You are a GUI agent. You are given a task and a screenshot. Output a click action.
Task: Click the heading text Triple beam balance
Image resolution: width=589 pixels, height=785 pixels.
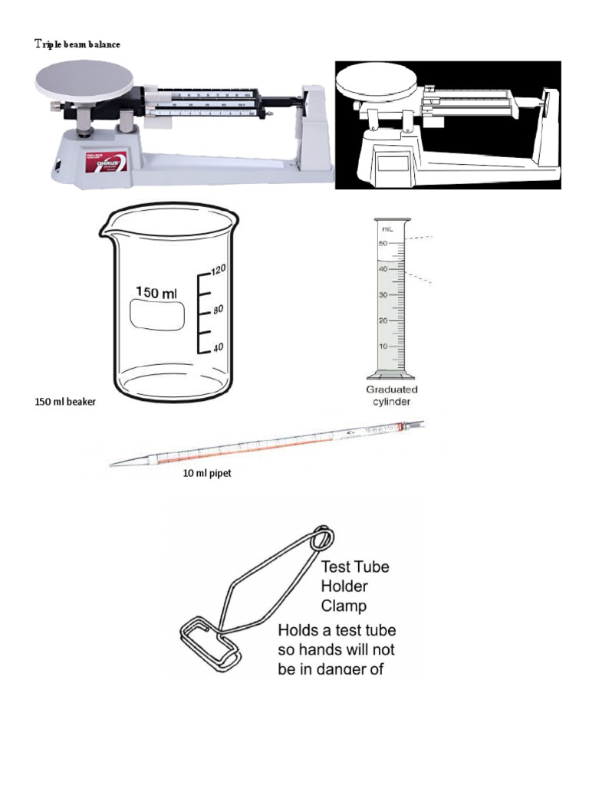(77, 44)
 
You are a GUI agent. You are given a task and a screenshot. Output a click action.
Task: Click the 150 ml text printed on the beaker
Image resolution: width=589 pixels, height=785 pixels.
(156, 292)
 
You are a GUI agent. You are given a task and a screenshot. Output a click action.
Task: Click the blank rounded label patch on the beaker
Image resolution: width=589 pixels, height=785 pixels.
(157, 315)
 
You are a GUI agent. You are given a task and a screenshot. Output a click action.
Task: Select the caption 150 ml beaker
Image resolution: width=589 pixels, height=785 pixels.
(65, 402)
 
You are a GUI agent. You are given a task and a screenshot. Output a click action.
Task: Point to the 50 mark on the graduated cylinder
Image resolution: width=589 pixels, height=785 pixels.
(382, 242)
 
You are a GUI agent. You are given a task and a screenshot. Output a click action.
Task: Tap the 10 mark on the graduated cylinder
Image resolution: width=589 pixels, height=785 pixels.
(382, 347)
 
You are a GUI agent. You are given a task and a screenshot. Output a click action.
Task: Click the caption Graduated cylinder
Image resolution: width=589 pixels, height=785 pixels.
(392, 395)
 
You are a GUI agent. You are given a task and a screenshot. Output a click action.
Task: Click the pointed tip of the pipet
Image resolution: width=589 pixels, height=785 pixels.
(113, 464)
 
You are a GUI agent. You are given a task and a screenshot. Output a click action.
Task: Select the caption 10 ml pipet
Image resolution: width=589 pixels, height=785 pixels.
(206, 474)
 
